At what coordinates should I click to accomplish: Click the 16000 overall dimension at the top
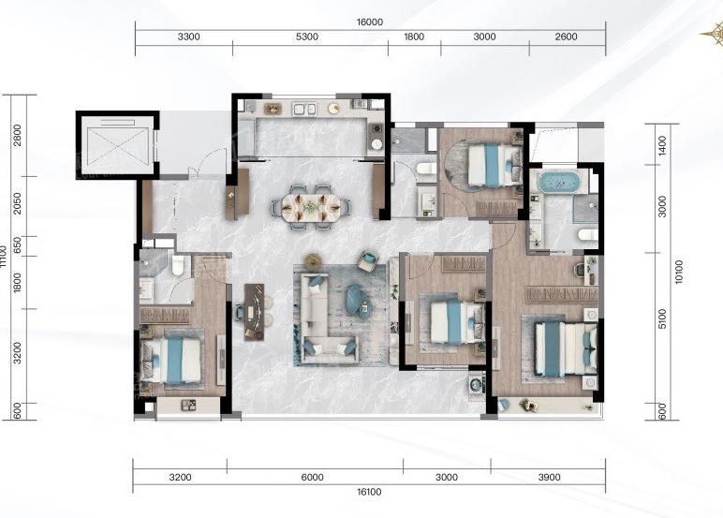(370, 22)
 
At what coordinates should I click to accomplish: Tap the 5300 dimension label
(306, 37)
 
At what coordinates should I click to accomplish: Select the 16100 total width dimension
(369, 492)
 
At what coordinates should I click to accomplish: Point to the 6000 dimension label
(312, 478)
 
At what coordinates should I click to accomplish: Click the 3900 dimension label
(549, 478)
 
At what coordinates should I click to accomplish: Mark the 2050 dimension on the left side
(17, 203)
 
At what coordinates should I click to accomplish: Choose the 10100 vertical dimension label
(679, 272)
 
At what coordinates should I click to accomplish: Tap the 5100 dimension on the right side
(663, 318)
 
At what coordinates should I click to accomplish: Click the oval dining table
(311, 206)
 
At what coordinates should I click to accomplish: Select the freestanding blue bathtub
(559, 182)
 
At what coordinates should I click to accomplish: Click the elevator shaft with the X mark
(118, 145)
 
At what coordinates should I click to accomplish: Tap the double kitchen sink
(304, 109)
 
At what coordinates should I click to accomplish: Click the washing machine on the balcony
(476, 384)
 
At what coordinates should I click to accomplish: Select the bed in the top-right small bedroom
(494, 165)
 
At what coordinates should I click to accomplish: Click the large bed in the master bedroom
(566, 348)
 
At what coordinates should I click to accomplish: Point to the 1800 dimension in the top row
(414, 37)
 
